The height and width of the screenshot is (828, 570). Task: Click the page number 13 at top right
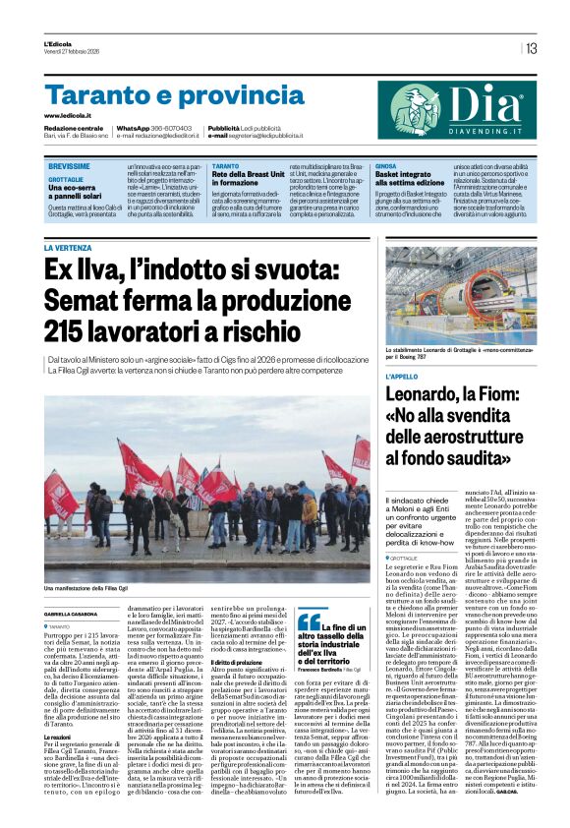[x=532, y=48]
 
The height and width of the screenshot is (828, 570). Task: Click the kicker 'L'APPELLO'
[x=402, y=376]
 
